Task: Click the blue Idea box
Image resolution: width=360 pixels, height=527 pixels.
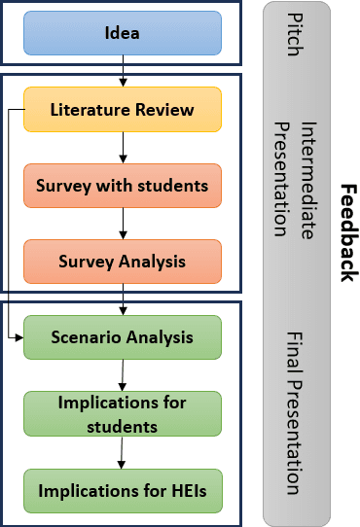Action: pyautogui.click(x=122, y=34)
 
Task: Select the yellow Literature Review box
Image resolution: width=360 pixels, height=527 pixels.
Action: pyautogui.click(x=122, y=110)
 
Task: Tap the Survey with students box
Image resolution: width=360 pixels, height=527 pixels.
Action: pyautogui.click(x=122, y=185)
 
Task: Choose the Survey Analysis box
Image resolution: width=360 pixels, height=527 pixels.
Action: pyautogui.click(x=122, y=261)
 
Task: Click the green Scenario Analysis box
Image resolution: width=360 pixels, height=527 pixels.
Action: pyautogui.click(x=122, y=337)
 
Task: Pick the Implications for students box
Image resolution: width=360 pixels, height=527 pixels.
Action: pyautogui.click(x=122, y=412)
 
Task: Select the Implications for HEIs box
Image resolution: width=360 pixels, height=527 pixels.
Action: pyautogui.click(x=122, y=491)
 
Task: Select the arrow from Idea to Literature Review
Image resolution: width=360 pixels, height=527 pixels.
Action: pyautogui.click(x=123, y=71)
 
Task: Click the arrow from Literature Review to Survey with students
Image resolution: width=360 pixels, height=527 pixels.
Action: pyautogui.click(x=123, y=147)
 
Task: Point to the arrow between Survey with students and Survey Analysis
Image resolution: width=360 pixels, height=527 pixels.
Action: pyautogui.click(x=123, y=223)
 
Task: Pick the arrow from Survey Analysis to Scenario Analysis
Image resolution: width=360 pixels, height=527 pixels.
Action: pyautogui.click(x=123, y=299)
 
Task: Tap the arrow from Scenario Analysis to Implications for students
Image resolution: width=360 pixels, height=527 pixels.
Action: pyautogui.click(x=123, y=374)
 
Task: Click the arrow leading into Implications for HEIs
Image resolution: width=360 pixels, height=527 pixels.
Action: pyautogui.click(x=123, y=451)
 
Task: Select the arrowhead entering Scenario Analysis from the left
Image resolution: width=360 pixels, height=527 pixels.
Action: pyautogui.click(x=17, y=336)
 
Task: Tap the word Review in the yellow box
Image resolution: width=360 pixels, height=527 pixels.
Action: pyautogui.click(x=165, y=110)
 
